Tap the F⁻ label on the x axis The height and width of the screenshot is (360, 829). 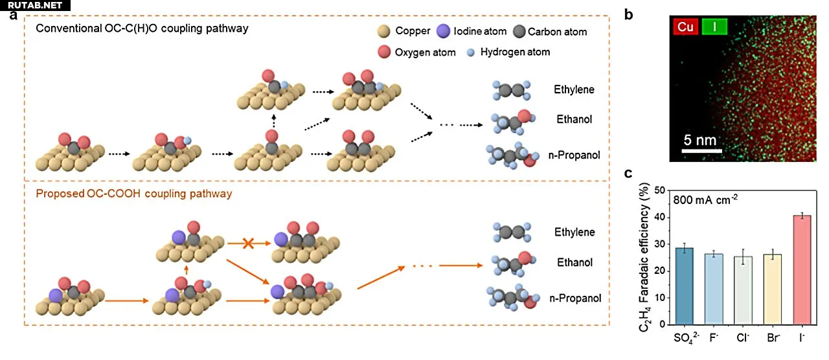[714, 337]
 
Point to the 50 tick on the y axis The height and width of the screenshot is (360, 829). [659, 191]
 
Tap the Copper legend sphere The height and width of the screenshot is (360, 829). [383, 31]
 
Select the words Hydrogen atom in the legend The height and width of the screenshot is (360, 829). [515, 52]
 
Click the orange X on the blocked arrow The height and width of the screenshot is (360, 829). [247, 243]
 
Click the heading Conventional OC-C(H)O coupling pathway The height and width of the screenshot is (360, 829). [142, 29]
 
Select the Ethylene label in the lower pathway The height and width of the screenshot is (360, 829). [574, 232]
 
